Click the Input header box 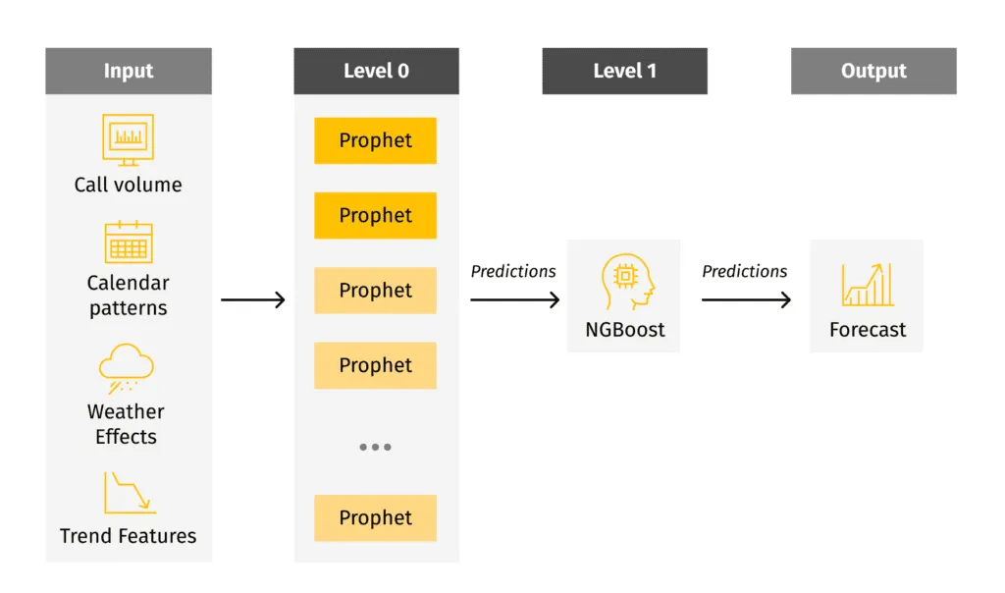point(129,71)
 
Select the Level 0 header point(376,71)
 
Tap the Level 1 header point(624,71)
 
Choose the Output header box point(873,71)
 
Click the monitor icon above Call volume point(129,139)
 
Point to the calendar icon point(129,243)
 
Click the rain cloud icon point(127,368)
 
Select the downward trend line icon point(129,493)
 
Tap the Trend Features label point(129,536)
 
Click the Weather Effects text point(127,424)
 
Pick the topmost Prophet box point(376,140)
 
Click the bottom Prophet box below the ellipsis point(376,517)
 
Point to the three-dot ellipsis point(375,447)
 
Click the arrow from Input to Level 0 point(253,299)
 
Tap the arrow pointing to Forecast point(746,299)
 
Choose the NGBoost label point(625,330)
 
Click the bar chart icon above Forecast point(868,285)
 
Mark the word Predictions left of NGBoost point(513,272)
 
